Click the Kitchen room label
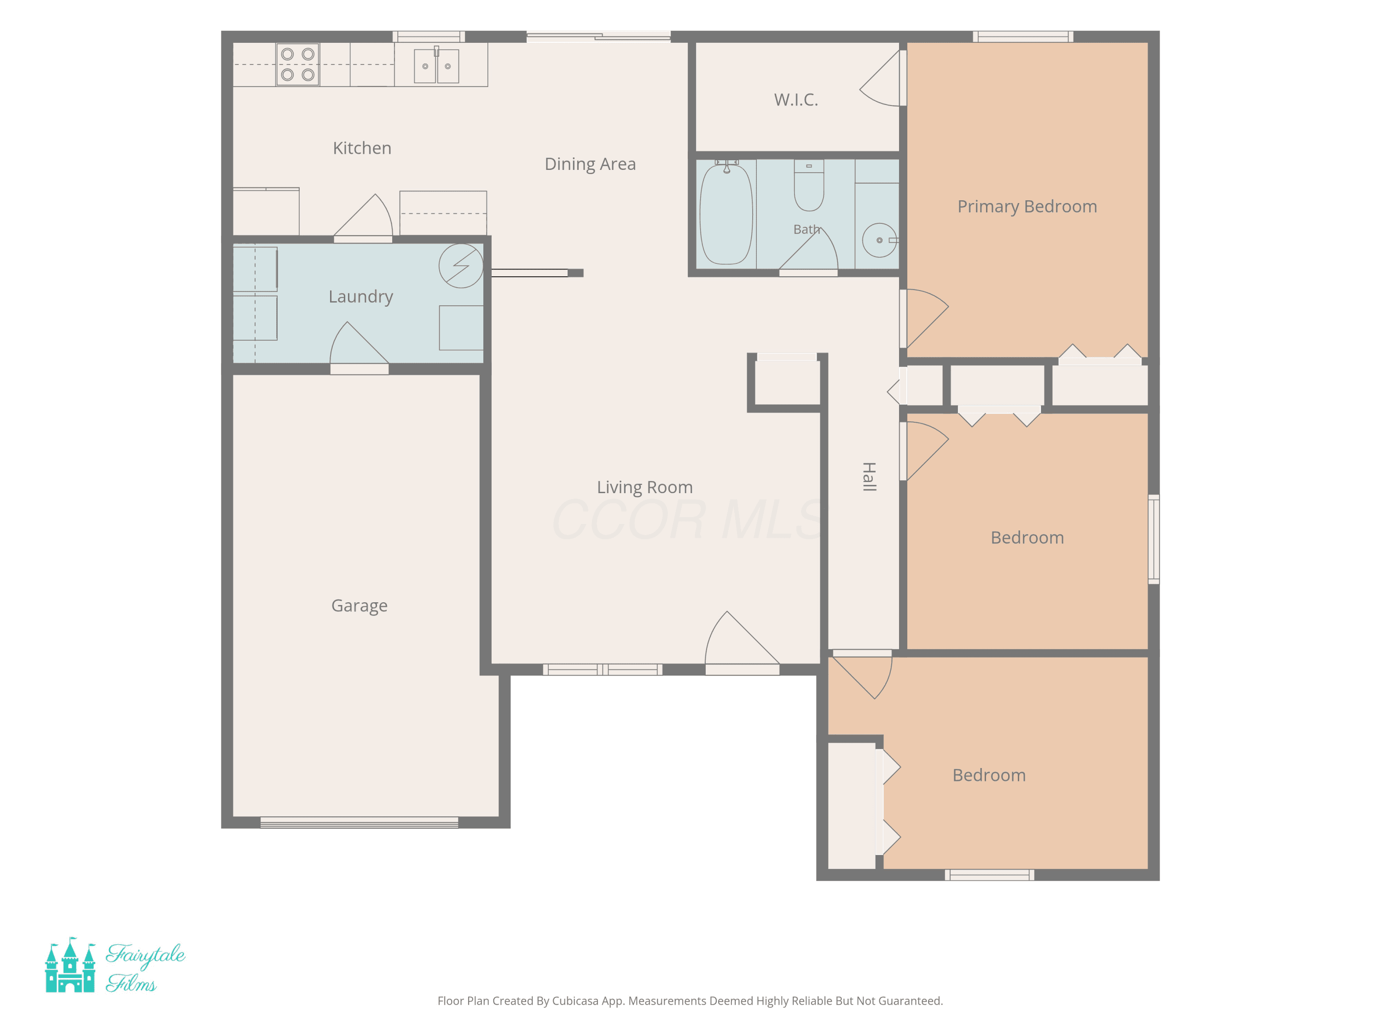pyautogui.click(x=362, y=148)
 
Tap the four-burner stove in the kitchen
pyautogui.click(x=298, y=64)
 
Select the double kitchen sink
pyautogui.click(x=436, y=65)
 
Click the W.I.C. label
pyautogui.click(x=796, y=100)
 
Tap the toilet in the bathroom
pyautogui.click(x=809, y=185)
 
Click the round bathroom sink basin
pyautogui.click(x=879, y=240)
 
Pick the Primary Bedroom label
pyautogui.click(x=1027, y=207)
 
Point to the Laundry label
pyautogui.click(x=361, y=297)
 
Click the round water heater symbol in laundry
pyautogui.click(x=461, y=265)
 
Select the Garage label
pyautogui.click(x=360, y=606)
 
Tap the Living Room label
pyautogui.click(x=645, y=487)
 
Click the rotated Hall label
pyautogui.click(x=869, y=477)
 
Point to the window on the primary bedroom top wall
pyautogui.click(x=1023, y=37)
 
